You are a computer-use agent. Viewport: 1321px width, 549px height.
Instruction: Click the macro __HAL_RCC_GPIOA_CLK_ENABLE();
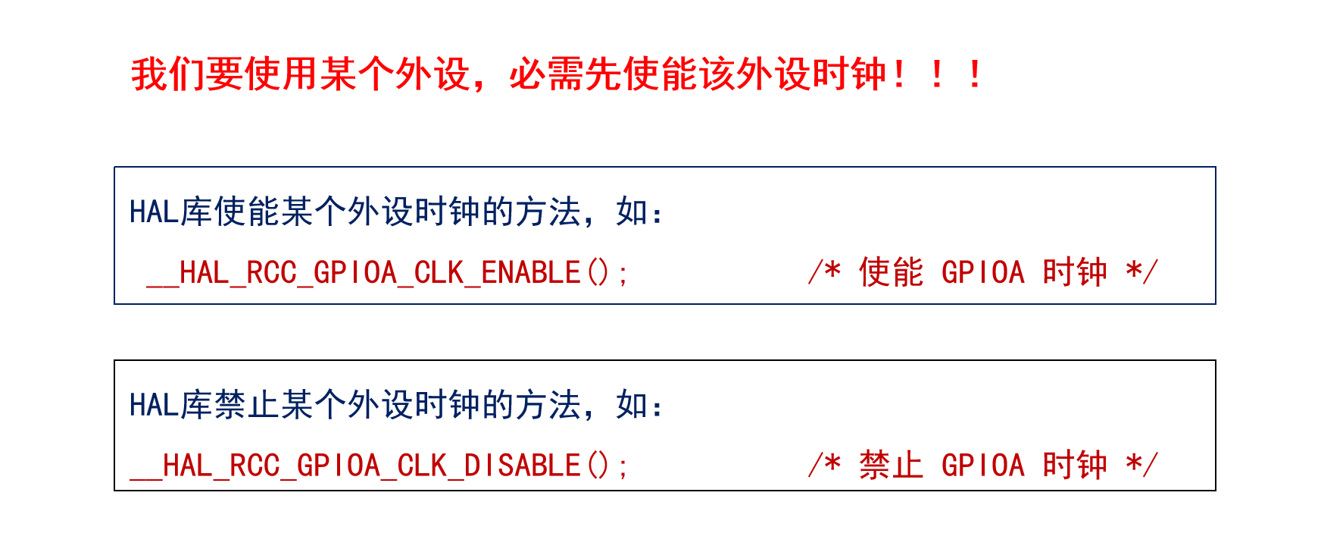pyautogui.click(x=386, y=273)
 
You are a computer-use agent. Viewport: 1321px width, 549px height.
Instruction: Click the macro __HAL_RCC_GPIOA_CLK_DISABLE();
pyautogui.click(x=378, y=466)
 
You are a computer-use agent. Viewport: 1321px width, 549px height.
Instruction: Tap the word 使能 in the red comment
pyautogui.click(x=891, y=273)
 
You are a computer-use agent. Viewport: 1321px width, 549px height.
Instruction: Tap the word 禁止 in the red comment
pyautogui.click(x=891, y=466)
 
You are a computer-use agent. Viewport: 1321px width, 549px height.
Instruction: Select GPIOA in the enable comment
pyautogui.click(x=982, y=273)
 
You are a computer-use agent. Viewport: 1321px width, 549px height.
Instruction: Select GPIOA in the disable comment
pyautogui.click(x=982, y=466)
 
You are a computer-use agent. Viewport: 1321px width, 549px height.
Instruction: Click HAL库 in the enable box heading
pyautogui.click(x=170, y=212)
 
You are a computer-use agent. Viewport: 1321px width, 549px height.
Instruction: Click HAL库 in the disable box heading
pyautogui.click(x=170, y=406)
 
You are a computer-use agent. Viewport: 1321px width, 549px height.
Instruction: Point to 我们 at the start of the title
pyautogui.click(x=168, y=75)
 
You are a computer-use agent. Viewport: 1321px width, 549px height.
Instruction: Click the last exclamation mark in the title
pyautogui.click(x=975, y=75)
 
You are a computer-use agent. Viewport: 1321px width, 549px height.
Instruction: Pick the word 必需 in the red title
pyautogui.click(x=547, y=75)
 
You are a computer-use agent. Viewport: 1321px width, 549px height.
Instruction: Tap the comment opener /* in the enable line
pyautogui.click(x=824, y=271)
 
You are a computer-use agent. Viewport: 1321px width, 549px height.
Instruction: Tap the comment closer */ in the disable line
pyautogui.click(x=1141, y=464)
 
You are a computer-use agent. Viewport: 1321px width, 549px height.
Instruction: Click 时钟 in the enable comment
pyautogui.click(x=1075, y=273)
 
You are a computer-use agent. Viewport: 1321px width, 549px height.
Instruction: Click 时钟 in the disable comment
pyautogui.click(x=1075, y=466)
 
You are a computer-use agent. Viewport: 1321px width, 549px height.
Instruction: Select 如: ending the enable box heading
pyautogui.click(x=639, y=212)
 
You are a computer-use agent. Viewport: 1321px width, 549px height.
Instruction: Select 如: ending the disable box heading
pyautogui.click(x=639, y=406)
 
